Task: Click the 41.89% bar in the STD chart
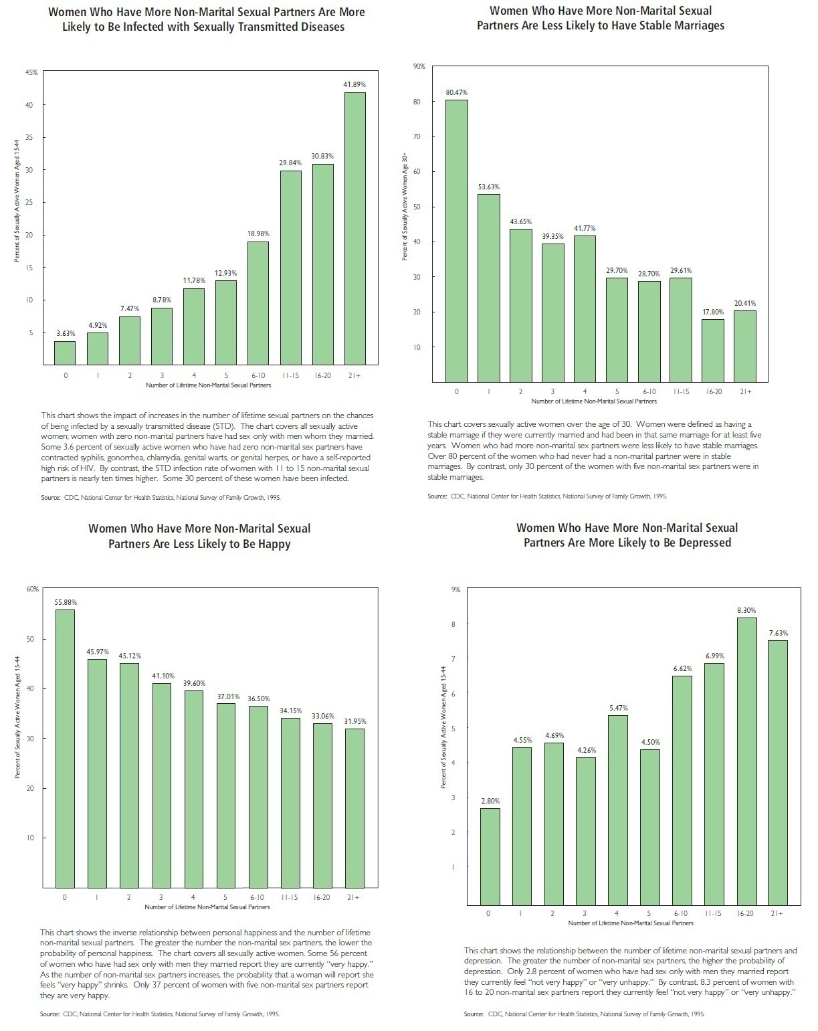(354, 228)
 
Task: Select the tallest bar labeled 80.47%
(457, 240)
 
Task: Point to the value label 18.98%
(258, 233)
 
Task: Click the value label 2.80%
(490, 800)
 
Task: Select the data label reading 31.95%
(354, 721)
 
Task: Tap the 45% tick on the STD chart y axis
(31, 72)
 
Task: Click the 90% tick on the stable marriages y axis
(419, 66)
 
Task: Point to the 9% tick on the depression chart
(456, 589)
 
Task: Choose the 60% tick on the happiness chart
(33, 589)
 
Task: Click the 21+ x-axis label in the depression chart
(777, 913)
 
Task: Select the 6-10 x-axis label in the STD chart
(258, 375)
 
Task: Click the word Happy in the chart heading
(276, 544)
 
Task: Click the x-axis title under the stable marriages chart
(594, 401)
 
